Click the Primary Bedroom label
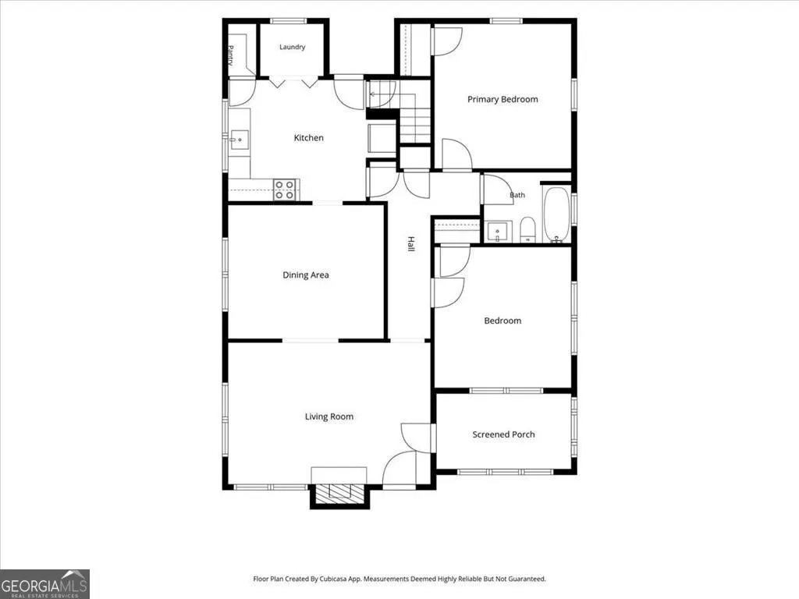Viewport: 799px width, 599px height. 502,99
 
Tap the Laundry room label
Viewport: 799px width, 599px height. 292,47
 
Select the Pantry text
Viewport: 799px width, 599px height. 230,55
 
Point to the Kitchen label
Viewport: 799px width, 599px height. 309,137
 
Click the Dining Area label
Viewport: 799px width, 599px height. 306,275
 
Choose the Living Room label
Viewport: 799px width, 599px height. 329,416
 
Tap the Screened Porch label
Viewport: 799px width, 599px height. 503,434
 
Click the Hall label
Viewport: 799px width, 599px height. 411,243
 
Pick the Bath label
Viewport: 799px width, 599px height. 517,195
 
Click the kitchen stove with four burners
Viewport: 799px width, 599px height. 285,190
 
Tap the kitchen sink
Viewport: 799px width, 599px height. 239,140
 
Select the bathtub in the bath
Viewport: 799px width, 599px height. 556,214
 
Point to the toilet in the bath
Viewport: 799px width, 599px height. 527,230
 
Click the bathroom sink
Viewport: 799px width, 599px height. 498,232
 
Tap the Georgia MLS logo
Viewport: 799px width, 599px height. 44,583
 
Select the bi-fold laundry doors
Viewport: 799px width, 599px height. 293,83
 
